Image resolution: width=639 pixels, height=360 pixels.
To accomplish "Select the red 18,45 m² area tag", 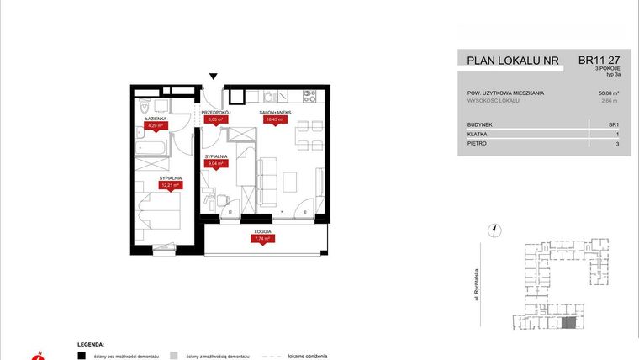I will click(x=274, y=119).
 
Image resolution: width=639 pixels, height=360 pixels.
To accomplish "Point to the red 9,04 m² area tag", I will click(x=214, y=165).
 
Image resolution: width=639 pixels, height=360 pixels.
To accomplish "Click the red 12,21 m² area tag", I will click(x=171, y=186).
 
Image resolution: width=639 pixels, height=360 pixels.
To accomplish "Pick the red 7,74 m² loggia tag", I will click(x=263, y=239).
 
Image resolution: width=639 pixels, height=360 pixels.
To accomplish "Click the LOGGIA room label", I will click(x=263, y=230).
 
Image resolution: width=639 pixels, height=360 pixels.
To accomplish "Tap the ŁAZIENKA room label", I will click(x=155, y=119).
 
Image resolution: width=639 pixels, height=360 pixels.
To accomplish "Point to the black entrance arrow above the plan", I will click(x=214, y=77).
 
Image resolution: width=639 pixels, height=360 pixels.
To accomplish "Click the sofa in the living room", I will click(x=267, y=180).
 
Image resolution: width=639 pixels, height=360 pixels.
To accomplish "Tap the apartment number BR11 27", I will click(x=599, y=61).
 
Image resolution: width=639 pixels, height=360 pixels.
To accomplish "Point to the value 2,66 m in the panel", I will click(x=610, y=101).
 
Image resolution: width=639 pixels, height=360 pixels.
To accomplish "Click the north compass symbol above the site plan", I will click(x=495, y=229).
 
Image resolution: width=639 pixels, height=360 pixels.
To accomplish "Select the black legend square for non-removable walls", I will click(x=82, y=356).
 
